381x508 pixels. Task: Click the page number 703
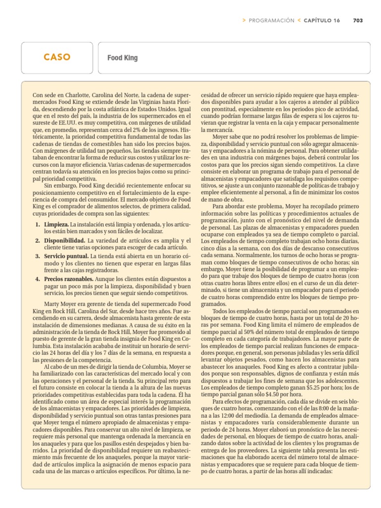tap(358, 20)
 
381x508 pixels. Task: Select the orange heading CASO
tap(57, 58)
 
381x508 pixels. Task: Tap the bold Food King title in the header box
tap(123, 58)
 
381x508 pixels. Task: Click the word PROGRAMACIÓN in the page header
tap(271, 20)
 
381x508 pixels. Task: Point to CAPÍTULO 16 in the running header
tap(322, 20)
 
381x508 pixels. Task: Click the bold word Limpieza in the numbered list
tap(56, 225)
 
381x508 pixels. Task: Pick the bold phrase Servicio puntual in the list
tap(64, 256)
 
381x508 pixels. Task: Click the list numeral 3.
tap(38, 256)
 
